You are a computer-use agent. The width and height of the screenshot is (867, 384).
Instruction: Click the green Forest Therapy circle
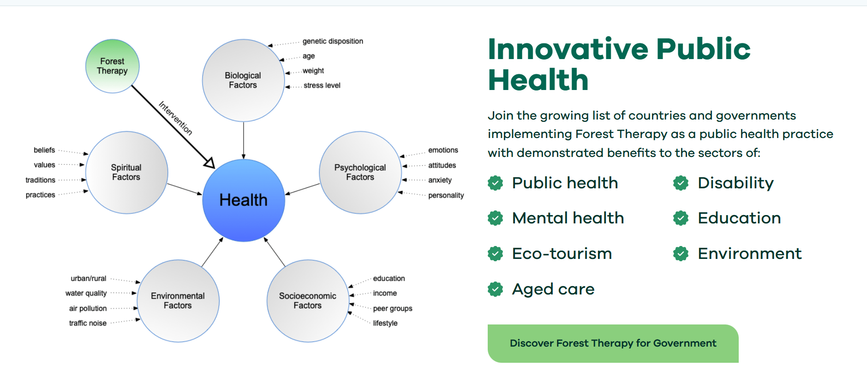[113, 66]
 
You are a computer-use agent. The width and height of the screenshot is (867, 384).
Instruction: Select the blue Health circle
[244, 200]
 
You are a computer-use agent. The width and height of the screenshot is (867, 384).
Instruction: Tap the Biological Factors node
[243, 80]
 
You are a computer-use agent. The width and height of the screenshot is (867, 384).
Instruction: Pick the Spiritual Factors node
[126, 172]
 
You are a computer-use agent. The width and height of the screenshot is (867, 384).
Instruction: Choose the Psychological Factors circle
[360, 172]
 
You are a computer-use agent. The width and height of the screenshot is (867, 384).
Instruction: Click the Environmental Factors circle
[178, 300]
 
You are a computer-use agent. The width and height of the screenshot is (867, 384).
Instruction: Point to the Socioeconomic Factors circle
[308, 300]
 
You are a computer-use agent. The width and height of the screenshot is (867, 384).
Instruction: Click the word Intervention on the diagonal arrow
[175, 118]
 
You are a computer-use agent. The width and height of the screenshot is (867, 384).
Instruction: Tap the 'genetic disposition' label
[333, 42]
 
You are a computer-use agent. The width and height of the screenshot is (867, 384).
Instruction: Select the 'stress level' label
[322, 85]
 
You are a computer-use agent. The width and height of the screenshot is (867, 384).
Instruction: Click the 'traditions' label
[40, 180]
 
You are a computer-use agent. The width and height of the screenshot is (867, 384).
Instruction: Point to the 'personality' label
[446, 195]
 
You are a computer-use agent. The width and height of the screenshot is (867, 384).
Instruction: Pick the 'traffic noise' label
[88, 323]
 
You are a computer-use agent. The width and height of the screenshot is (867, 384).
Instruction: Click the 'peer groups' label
[393, 308]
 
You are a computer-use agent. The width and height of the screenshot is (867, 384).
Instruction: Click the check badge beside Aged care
[495, 289]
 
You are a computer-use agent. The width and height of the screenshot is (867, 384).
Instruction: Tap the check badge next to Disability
[681, 183]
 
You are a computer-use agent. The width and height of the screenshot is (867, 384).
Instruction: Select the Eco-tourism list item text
[562, 253]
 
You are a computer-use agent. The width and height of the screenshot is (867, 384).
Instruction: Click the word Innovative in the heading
[569, 48]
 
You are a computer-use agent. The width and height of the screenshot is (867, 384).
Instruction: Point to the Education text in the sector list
[739, 218]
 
